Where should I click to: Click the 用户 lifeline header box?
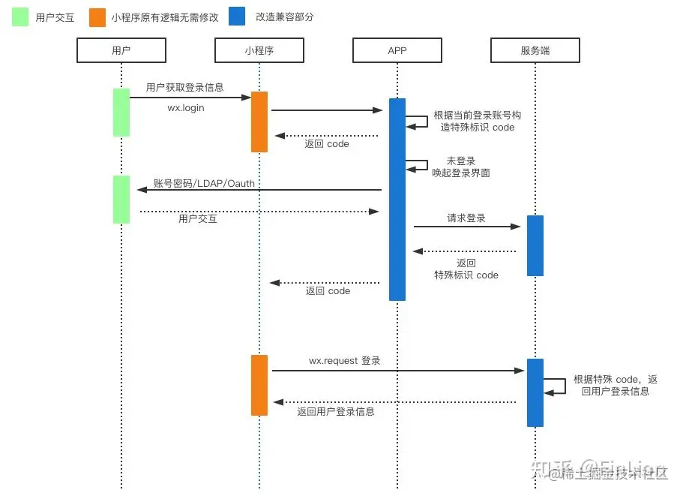pos(121,50)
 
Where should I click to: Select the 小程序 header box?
pos(259,50)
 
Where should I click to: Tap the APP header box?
pos(397,50)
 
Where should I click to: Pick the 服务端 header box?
pos(535,50)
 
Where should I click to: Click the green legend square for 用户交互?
pos(20,17)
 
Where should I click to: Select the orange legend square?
pos(97,17)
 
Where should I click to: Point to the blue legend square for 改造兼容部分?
pos(238,17)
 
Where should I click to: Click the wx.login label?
pos(185,108)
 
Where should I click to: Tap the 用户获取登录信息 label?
pos(185,88)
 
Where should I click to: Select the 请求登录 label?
pos(466,218)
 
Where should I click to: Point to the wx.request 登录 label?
pos(345,361)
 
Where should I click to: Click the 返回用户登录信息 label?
pos(335,411)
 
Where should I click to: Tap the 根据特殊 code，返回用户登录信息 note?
pos(615,385)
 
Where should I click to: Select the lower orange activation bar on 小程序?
pos(259,385)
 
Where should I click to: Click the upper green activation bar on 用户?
pos(121,113)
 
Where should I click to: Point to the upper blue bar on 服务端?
pos(535,245)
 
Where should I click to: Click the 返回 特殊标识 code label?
pos(466,269)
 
